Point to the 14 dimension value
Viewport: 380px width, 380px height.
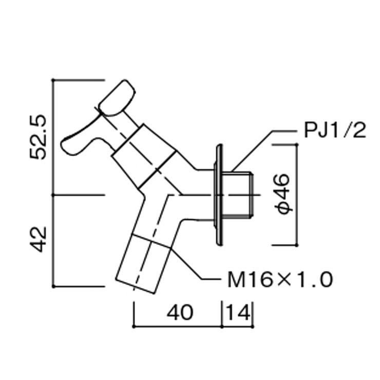tap(238, 312)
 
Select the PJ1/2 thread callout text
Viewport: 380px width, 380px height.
tap(335, 130)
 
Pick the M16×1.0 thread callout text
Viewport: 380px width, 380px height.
tap(279, 280)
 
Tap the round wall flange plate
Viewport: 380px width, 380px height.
tap(219, 195)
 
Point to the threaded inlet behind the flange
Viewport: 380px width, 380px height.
tap(240, 195)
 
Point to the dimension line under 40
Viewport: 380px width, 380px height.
tap(177, 325)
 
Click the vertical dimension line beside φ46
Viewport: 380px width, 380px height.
tap(297, 195)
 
